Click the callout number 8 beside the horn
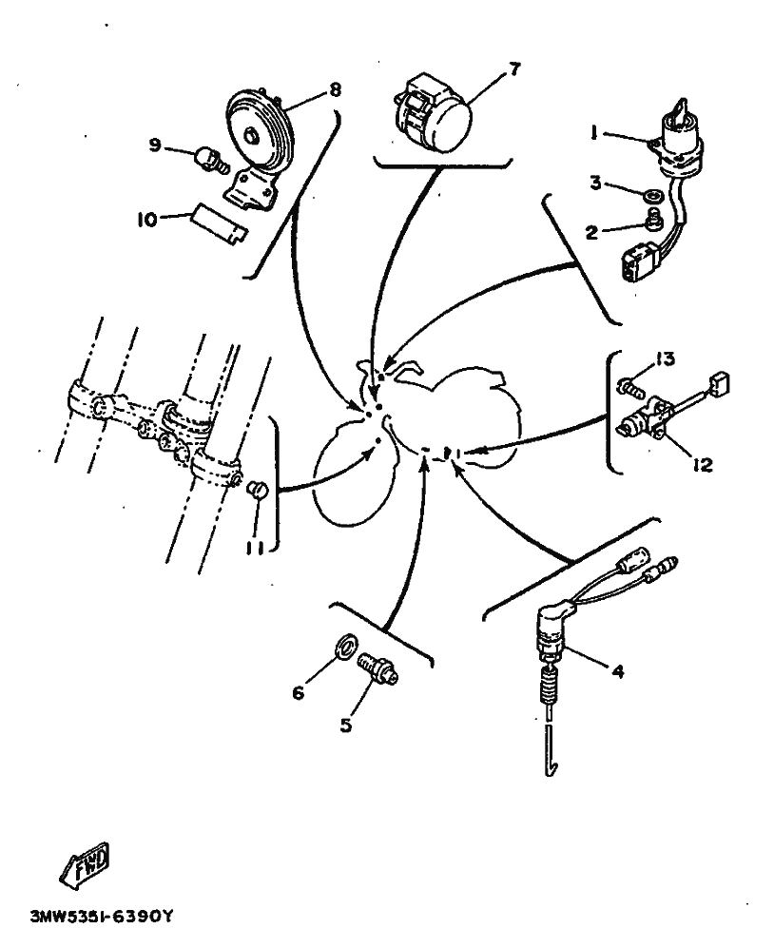335,90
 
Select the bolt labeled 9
211,159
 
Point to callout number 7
514,70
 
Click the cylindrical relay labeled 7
432,113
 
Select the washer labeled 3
652,195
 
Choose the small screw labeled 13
629,386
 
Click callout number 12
704,465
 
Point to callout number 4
619,670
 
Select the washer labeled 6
345,647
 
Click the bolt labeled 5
377,668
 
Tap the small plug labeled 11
256,489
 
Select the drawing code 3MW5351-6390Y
102,917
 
